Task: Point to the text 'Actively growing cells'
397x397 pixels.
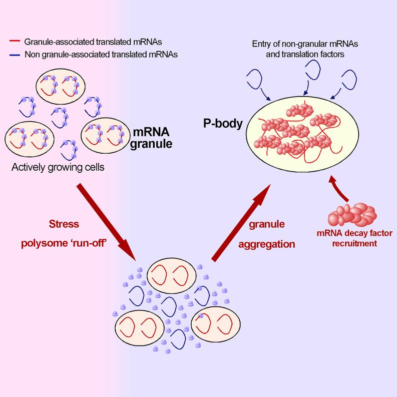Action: [x=58, y=167]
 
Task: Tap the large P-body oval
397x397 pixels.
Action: [x=300, y=133]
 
